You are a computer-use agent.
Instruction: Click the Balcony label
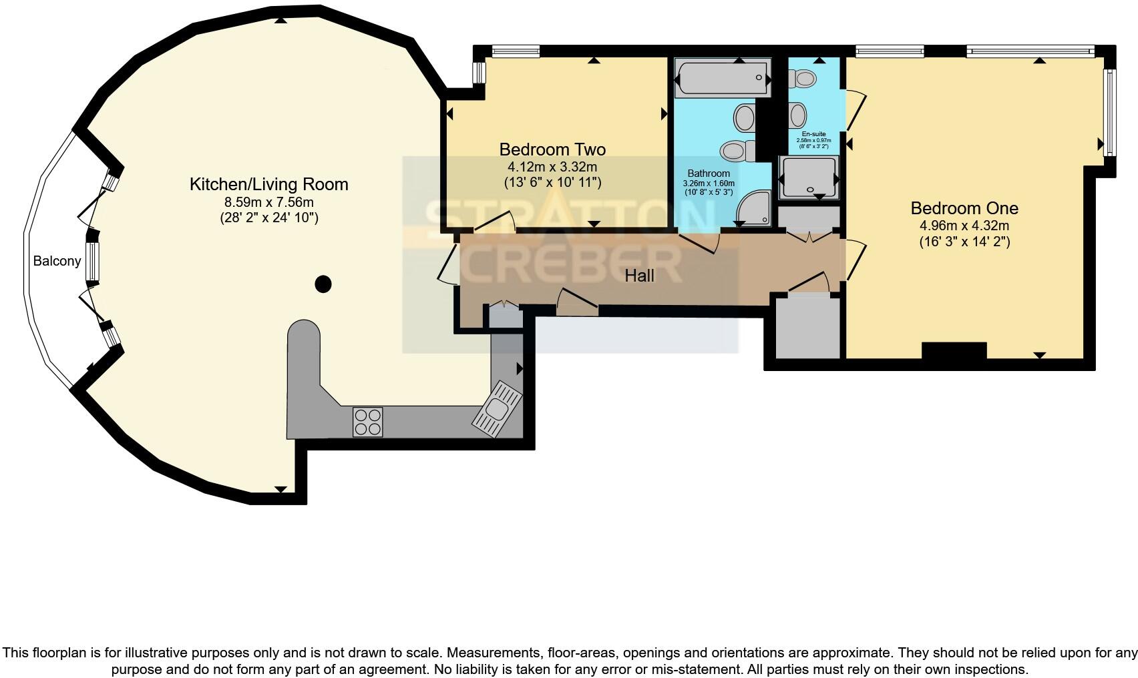(x=57, y=261)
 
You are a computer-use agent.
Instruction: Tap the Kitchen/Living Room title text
(x=268, y=184)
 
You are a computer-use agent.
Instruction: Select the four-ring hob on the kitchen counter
(x=368, y=422)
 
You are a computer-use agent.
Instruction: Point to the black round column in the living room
(x=323, y=284)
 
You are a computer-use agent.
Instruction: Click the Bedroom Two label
(x=552, y=149)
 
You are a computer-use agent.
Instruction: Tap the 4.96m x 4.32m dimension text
(x=964, y=226)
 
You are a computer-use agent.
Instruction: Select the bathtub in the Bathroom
(x=722, y=78)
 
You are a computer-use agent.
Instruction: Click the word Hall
(x=639, y=276)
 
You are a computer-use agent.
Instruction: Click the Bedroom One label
(x=964, y=208)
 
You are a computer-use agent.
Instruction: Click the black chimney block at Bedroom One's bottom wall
(x=954, y=350)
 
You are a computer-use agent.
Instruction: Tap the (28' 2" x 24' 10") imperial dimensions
(x=268, y=218)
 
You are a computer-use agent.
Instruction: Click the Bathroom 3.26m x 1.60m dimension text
(x=709, y=184)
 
